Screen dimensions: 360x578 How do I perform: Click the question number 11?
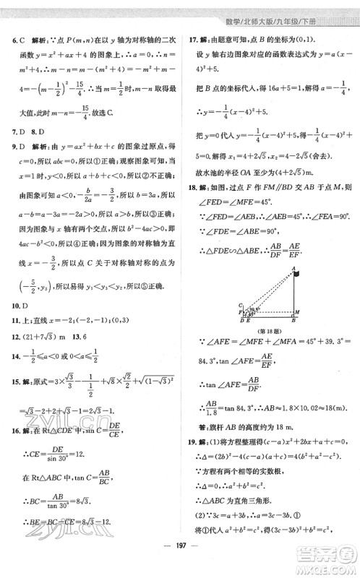(9, 322)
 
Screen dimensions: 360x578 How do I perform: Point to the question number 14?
(9, 358)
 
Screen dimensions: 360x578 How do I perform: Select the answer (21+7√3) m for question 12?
(38, 340)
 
